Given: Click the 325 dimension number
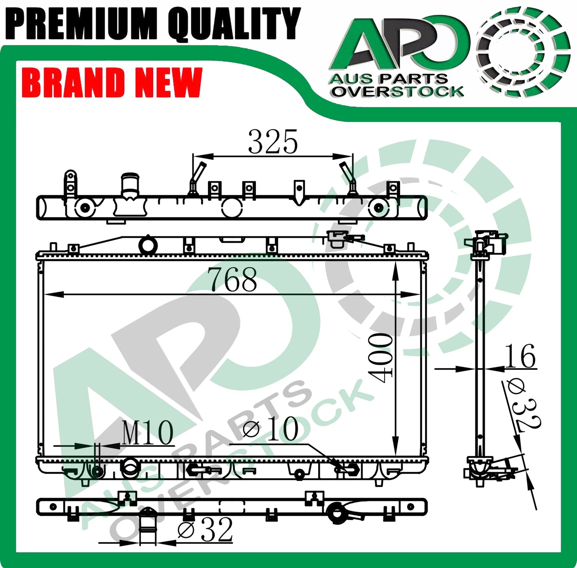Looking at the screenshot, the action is [273, 142].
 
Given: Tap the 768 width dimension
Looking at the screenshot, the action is [232, 279].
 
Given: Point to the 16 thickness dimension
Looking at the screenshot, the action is [520, 356].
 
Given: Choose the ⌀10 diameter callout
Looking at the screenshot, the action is [270, 429].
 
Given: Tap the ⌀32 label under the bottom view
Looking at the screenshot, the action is [205, 529].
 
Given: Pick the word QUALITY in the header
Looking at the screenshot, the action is [234, 24].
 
